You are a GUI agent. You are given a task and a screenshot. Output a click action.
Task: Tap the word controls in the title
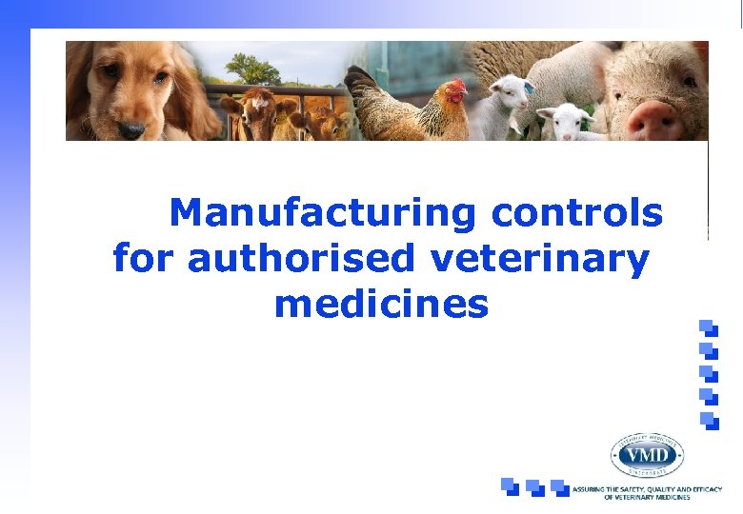pyautogui.click(x=576, y=213)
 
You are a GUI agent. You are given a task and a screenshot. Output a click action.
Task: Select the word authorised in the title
pyautogui.click(x=302, y=258)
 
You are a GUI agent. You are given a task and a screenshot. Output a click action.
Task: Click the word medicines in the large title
pyautogui.click(x=381, y=305)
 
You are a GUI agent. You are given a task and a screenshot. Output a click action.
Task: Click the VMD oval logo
pyautogui.click(x=648, y=456)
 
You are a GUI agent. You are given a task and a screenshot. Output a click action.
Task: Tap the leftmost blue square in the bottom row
pyautogui.click(x=511, y=486)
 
